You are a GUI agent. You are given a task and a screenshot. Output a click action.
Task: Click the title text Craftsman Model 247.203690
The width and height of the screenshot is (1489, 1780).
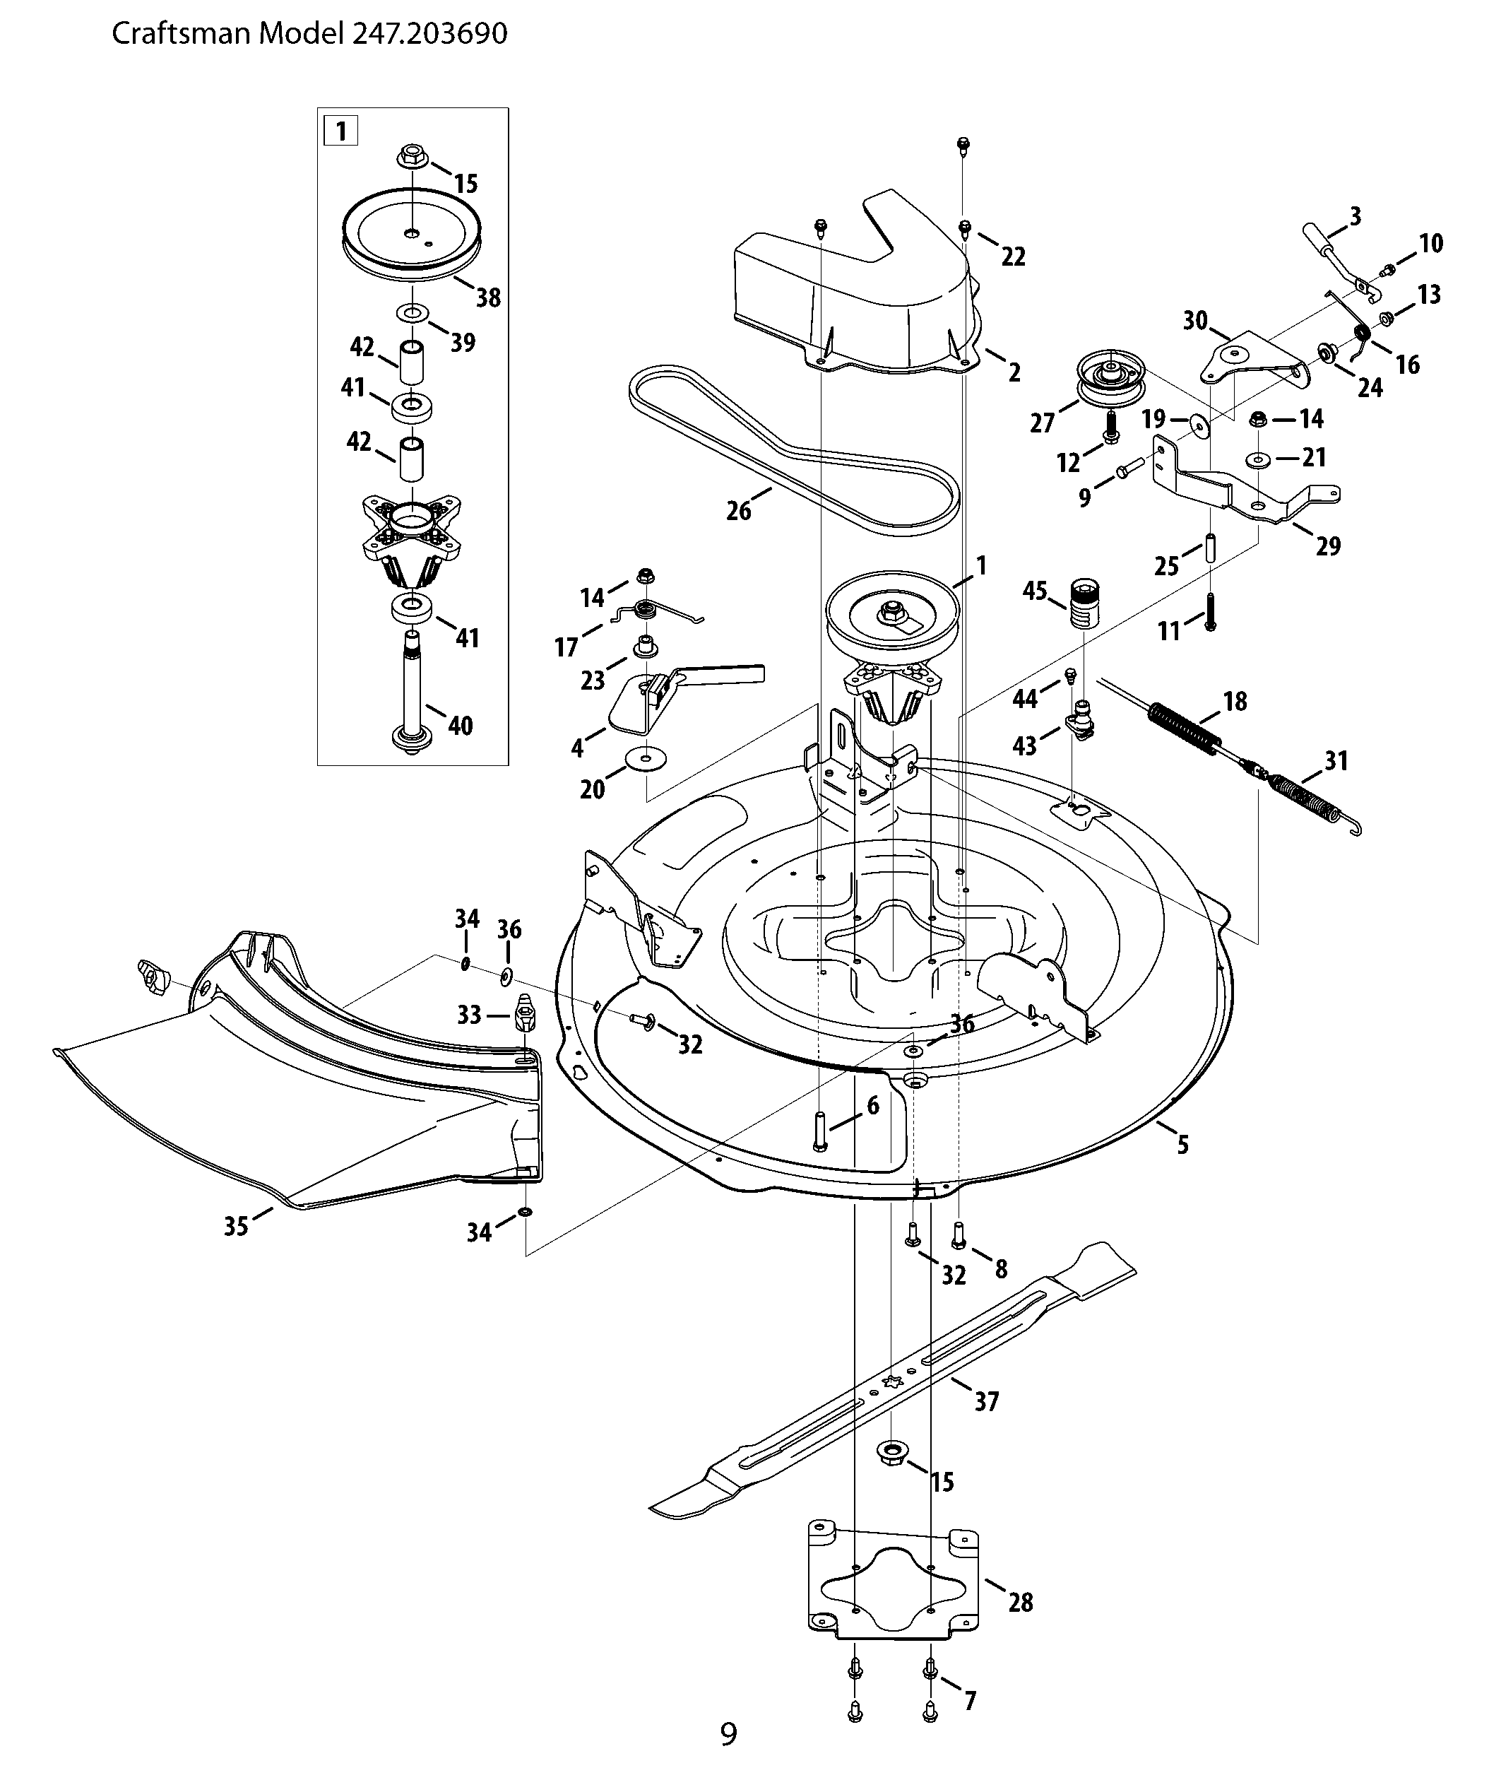[x=309, y=34]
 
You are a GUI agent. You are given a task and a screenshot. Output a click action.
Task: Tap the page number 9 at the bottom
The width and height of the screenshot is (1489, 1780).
[x=729, y=1733]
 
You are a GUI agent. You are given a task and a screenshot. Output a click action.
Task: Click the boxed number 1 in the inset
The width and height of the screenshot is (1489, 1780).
[x=340, y=131]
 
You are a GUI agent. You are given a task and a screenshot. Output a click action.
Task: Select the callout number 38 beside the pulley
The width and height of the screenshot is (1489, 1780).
[x=488, y=297]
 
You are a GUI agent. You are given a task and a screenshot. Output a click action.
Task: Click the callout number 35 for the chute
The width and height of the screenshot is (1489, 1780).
[x=236, y=1226]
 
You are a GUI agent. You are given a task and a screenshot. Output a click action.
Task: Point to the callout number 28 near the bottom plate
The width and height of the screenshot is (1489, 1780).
[x=1021, y=1602]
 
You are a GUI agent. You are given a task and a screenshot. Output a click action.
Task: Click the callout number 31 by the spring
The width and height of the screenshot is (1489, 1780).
[x=1336, y=761]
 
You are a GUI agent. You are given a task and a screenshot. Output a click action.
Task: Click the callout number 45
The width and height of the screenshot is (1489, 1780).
[x=1035, y=591]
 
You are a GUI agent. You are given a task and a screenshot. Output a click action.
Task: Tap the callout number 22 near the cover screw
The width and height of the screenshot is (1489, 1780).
[x=1014, y=256]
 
